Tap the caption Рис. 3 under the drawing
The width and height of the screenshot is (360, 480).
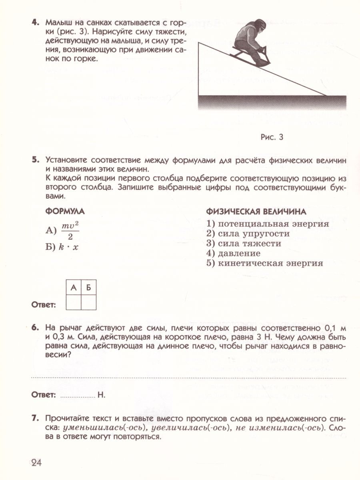coord(272,138)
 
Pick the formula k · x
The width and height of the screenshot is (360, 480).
coord(68,247)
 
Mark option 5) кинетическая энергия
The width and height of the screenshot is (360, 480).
coord(264,263)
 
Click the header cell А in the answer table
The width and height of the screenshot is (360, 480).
coord(73,288)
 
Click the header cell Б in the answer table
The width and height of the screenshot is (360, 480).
coord(88,288)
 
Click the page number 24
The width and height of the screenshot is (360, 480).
coord(36,463)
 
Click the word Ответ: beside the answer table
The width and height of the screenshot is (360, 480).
coord(43,305)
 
